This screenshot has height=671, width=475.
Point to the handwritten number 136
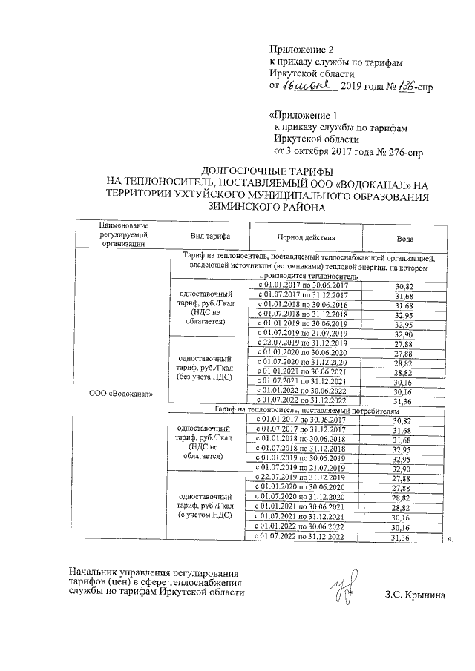pyautogui.click(x=393, y=87)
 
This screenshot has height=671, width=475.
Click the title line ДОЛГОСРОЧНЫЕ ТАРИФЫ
pyautogui.click(x=265, y=172)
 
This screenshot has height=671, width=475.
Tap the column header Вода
pyautogui.click(x=404, y=238)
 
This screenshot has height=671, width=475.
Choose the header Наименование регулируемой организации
pyautogui.click(x=122, y=233)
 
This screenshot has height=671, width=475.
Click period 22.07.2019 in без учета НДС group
pyautogui.click(x=301, y=343)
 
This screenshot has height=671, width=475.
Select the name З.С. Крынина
pyautogui.click(x=416, y=596)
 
